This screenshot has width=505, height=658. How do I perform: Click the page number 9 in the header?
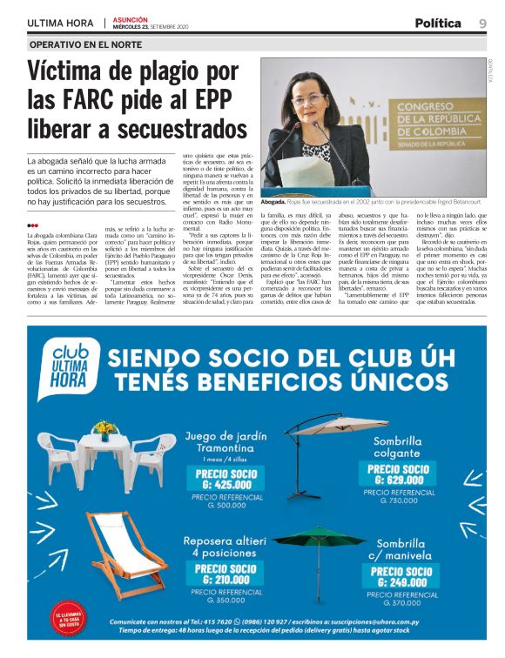(481, 23)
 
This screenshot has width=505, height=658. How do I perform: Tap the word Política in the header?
(438, 23)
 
